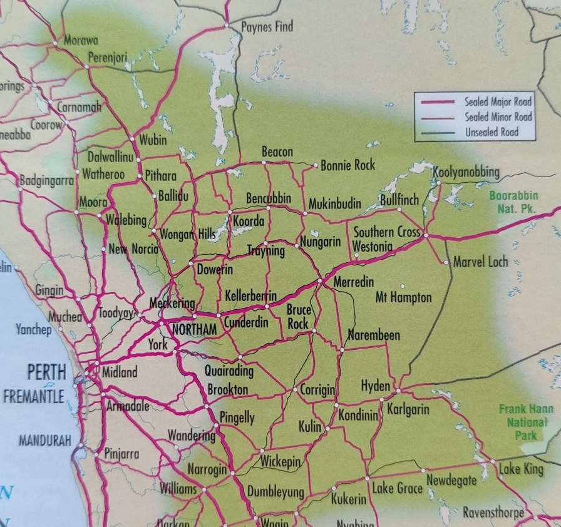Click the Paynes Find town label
tap(267, 27)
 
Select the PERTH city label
tap(46, 372)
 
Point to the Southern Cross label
tap(386, 232)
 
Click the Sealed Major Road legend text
tap(498, 101)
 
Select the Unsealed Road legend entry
tap(492, 132)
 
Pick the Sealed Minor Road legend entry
tap(498, 117)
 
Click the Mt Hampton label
tap(403, 297)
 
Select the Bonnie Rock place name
tap(347, 165)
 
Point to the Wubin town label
tap(153, 140)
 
